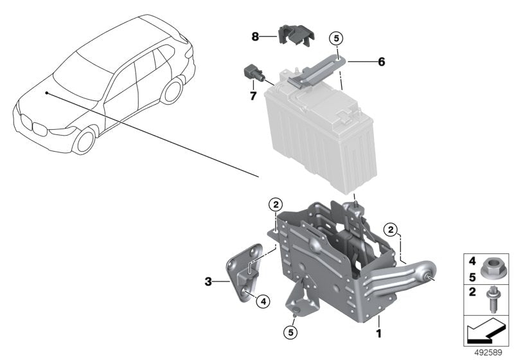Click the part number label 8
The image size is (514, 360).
click(255, 37)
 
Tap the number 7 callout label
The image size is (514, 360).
click(253, 96)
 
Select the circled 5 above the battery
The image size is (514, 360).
click(337, 38)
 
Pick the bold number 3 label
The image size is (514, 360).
click(208, 281)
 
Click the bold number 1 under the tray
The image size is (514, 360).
click(378, 334)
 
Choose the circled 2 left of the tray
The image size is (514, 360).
click(275, 205)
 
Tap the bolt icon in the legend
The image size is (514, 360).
click(492, 300)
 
